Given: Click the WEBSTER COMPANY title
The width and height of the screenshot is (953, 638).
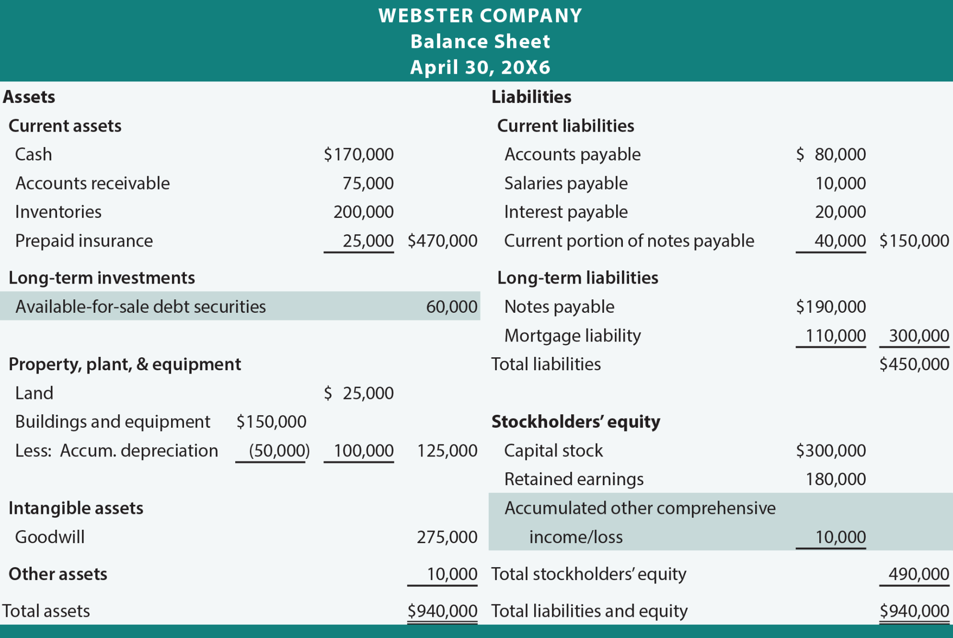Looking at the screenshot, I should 480,16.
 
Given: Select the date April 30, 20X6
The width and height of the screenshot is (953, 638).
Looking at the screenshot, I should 480,68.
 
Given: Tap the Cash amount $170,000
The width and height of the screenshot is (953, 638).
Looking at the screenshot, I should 358,154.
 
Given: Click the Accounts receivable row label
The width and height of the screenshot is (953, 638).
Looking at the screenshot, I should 92,183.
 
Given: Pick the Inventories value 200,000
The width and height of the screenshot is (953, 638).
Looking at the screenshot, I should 364,212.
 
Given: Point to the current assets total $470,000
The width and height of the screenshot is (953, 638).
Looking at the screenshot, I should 442,240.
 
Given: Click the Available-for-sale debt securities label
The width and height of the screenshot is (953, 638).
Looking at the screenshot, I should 140,307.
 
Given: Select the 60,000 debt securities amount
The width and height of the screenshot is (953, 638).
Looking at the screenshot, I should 452,307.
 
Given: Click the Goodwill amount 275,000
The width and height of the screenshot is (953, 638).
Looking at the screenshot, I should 447,537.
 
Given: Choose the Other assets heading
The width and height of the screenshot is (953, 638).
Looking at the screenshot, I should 58,574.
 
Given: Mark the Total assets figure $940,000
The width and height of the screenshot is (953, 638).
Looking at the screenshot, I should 442,611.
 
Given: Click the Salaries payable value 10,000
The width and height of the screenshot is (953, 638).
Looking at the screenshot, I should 840,183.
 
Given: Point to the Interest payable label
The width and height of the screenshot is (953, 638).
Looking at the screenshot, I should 566,212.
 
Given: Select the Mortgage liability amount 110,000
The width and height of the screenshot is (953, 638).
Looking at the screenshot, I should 836,335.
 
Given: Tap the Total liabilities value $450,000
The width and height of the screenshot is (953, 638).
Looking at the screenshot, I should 914,364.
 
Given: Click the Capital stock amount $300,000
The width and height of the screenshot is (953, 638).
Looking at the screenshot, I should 831,450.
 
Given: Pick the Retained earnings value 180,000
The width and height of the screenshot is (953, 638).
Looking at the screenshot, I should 836,479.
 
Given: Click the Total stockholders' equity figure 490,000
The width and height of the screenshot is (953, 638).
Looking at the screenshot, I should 919,574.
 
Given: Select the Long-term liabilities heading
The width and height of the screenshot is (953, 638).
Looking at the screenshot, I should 578,278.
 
